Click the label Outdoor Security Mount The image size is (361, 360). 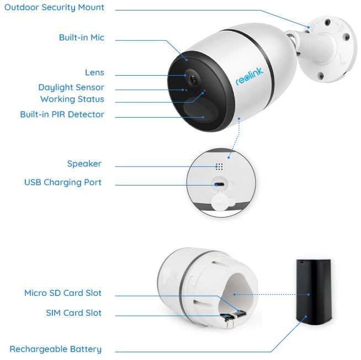click(x=54, y=8)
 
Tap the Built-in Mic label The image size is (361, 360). click(x=81, y=38)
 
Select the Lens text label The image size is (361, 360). click(x=94, y=73)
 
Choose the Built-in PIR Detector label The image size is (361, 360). click(x=62, y=115)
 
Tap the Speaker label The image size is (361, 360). click(x=84, y=164)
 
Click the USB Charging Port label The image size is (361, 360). click(x=62, y=183)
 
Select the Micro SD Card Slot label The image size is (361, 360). click(x=62, y=293)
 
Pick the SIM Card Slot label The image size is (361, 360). click(x=73, y=313)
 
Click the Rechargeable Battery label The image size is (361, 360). click(x=55, y=349)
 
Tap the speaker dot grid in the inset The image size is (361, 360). click(x=219, y=166)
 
